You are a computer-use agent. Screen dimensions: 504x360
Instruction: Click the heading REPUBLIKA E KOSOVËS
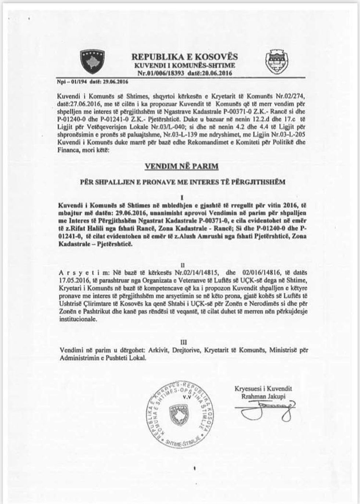(184, 57)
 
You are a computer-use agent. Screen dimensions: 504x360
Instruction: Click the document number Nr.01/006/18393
(161, 73)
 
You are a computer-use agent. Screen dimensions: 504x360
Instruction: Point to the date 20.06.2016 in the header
(216, 73)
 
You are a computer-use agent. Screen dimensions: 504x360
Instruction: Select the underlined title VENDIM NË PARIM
(181, 166)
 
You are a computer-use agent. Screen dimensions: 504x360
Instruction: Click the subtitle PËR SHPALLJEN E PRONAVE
(183, 182)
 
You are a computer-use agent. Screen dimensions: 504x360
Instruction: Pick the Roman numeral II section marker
(183, 265)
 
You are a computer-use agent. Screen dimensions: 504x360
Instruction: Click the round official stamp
(179, 413)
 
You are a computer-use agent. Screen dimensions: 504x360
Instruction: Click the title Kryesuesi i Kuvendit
(263, 389)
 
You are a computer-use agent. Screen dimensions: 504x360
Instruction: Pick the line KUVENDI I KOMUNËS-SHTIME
(184, 65)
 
